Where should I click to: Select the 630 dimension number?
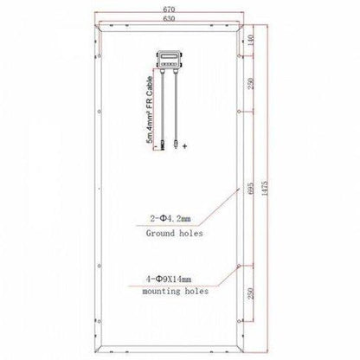pyautogui.click(x=179, y=18)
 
